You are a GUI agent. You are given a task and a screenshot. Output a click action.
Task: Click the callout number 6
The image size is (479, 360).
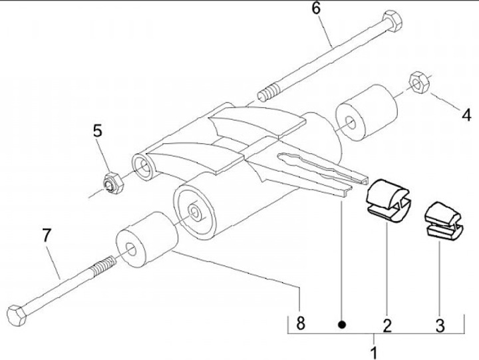pyautogui.click(x=315, y=9)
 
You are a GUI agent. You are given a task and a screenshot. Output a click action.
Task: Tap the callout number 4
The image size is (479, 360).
pyautogui.click(x=466, y=114)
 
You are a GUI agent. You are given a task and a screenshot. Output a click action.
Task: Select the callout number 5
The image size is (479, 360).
pyautogui.click(x=98, y=130)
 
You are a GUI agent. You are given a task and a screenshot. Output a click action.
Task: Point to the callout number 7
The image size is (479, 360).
pyautogui.click(x=45, y=236)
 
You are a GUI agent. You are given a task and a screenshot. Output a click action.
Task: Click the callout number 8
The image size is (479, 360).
pyautogui.click(x=301, y=324)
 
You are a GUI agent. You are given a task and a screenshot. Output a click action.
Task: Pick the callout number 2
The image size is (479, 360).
pyautogui.click(x=387, y=325)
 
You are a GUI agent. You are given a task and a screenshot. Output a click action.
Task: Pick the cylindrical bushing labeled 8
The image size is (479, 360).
pyautogui.click(x=146, y=242)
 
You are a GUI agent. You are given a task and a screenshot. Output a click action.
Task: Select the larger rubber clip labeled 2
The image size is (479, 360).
pyautogui.click(x=389, y=198)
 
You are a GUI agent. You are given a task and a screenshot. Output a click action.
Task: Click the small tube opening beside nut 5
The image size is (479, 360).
pyautogui.click(x=144, y=167)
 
